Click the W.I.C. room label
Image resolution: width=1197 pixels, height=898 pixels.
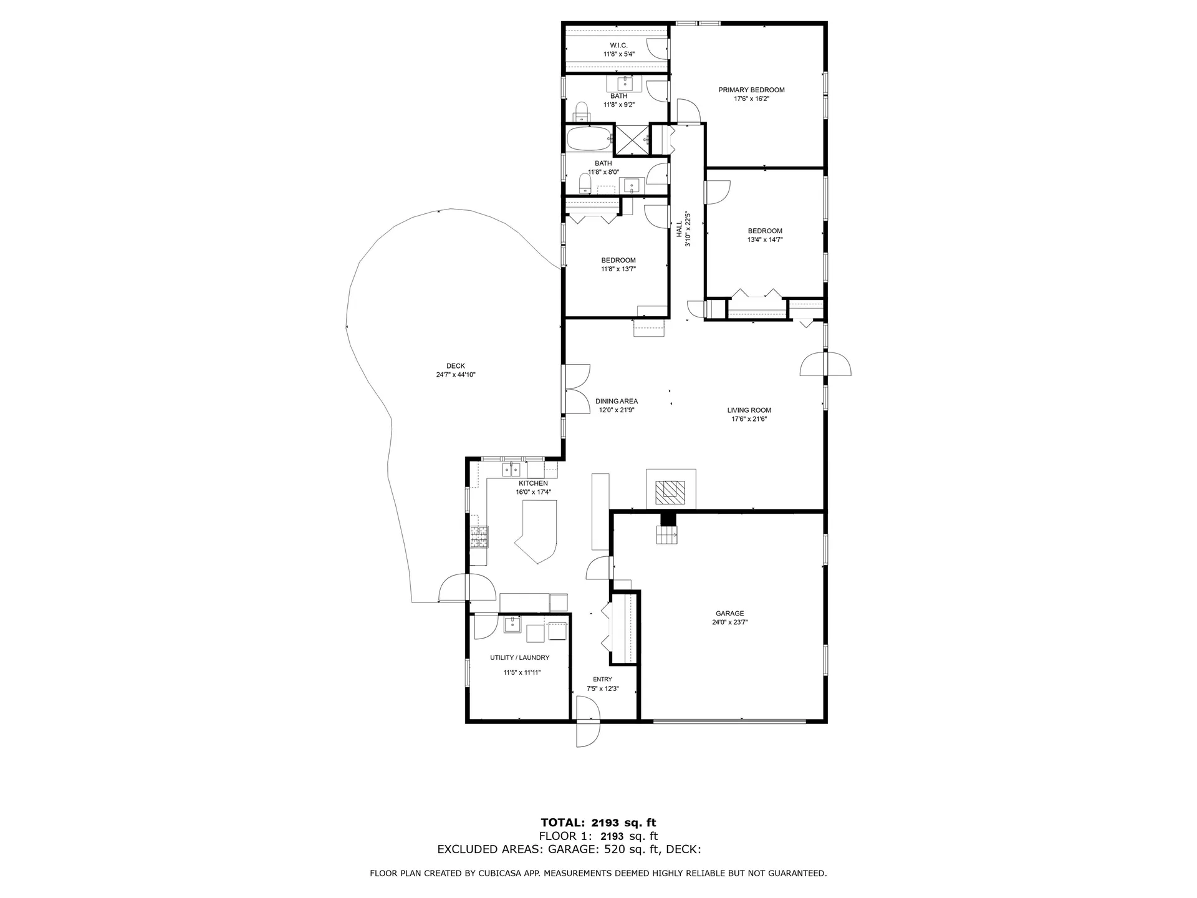pyautogui.click(x=618, y=46)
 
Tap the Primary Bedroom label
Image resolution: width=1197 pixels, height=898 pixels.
pyautogui.click(x=751, y=90)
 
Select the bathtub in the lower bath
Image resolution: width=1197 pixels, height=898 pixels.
pyautogui.click(x=590, y=140)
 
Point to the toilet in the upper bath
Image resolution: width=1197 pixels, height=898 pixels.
pyautogui.click(x=582, y=112)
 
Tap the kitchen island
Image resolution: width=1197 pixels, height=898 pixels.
pyautogui.click(x=536, y=533)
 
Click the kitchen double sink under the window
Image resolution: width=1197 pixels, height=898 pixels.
pyautogui.click(x=511, y=468)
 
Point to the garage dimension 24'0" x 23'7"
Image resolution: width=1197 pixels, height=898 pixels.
pyautogui.click(x=729, y=622)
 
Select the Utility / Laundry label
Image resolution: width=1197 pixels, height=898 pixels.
pyautogui.click(x=519, y=657)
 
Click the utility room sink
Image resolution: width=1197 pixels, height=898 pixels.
pyautogui.click(x=511, y=624)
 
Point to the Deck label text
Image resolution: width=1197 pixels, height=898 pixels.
pyautogui.click(x=455, y=366)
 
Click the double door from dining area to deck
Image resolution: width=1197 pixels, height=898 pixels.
pyautogui.click(x=577, y=389)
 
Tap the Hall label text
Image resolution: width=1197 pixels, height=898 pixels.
pyautogui.click(x=679, y=229)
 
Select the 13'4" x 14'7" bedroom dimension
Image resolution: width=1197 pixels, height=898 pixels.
pyautogui.click(x=765, y=239)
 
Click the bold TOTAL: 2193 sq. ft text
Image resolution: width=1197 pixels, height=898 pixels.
pyautogui.click(x=598, y=823)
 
